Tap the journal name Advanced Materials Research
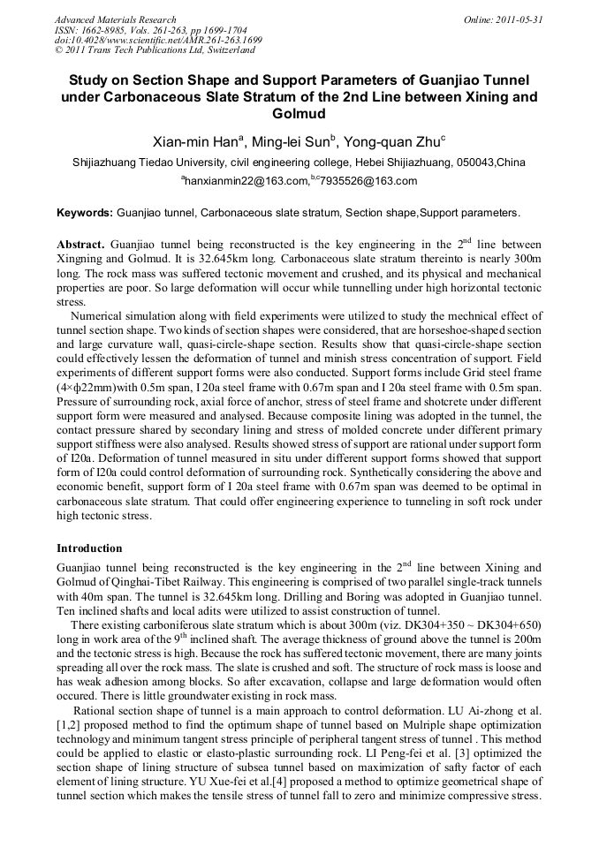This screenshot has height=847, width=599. [x=115, y=19]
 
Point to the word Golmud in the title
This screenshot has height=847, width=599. [x=299, y=114]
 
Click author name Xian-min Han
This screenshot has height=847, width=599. [x=192, y=140]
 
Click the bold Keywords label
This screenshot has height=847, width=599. [x=85, y=213]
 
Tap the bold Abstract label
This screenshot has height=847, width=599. [x=81, y=244]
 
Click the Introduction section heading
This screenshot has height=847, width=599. [x=89, y=548]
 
